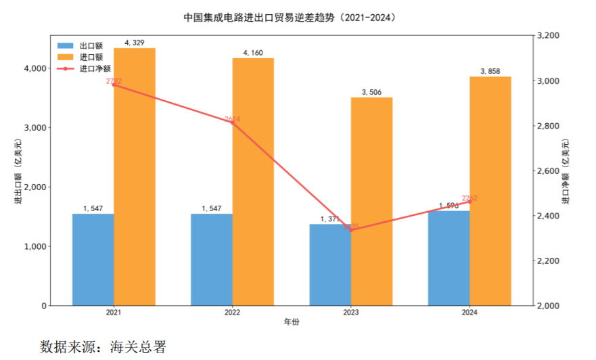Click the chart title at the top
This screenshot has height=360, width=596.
click(x=290, y=18)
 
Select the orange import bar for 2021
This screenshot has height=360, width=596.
click(x=134, y=177)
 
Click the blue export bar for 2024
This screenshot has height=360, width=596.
click(x=449, y=258)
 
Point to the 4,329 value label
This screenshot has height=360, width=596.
click(x=134, y=43)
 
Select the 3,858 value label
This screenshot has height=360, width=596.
click(x=490, y=71)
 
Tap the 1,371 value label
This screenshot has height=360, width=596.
click(x=330, y=219)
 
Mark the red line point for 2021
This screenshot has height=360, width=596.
click(x=114, y=85)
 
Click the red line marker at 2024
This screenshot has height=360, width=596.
click(x=469, y=202)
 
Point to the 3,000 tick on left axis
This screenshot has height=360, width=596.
click(x=33, y=128)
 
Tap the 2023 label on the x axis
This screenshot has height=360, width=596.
click(x=351, y=313)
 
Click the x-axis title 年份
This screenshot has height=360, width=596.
click(x=292, y=323)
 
